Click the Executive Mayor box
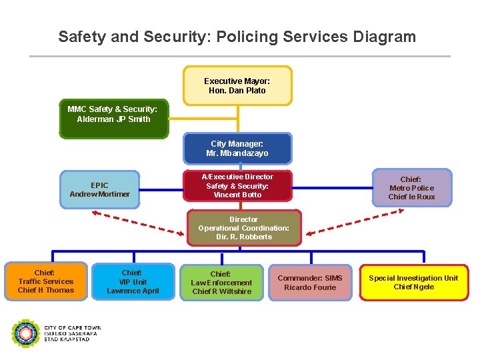tap(237, 85)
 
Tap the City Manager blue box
tap(238, 149)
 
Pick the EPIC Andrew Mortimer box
tap(99, 189)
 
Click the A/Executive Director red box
tap(237, 186)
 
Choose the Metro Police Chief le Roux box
tap(411, 188)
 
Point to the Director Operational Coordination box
tap(243, 228)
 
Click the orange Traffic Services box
tap(45, 281)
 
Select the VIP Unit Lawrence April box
tap(133, 282)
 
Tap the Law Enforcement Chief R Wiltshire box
tap(221, 283)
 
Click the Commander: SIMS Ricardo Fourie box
tap(309, 283)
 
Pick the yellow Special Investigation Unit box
tap(413, 283)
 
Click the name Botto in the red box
tap(251, 195)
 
